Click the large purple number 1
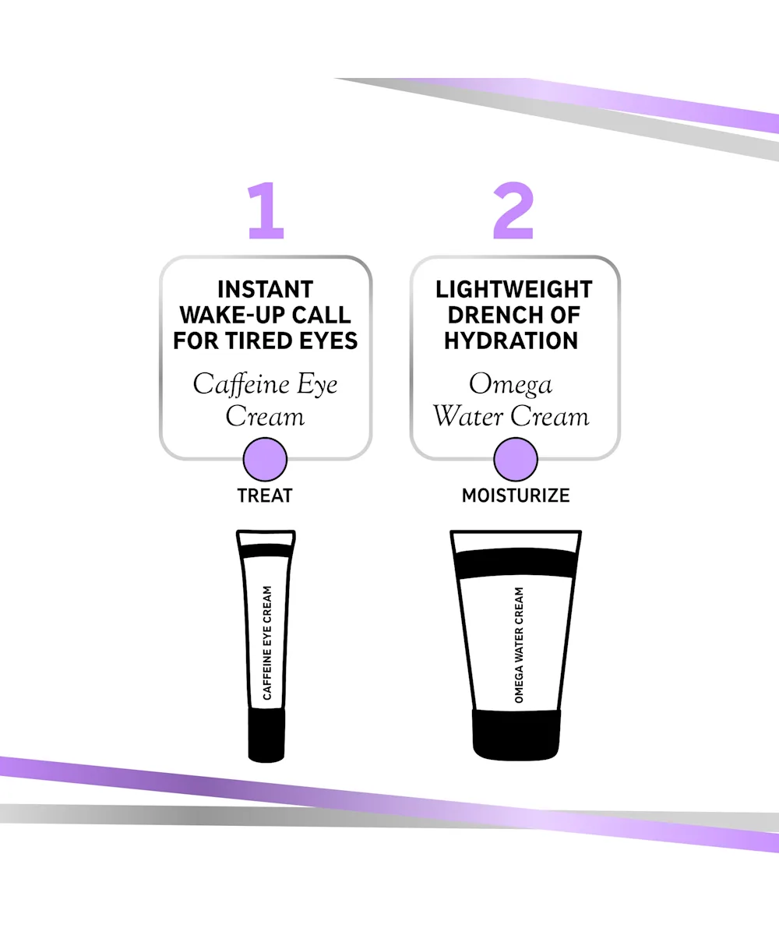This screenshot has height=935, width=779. (x=266, y=210)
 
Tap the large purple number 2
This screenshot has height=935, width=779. (x=513, y=210)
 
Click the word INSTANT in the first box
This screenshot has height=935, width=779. (x=266, y=289)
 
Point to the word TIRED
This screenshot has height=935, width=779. (x=259, y=341)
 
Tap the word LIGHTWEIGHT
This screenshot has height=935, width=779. (x=514, y=289)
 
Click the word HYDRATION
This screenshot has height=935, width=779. (x=511, y=341)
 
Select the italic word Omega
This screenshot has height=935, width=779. (x=511, y=385)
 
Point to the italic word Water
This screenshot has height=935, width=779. (x=468, y=416)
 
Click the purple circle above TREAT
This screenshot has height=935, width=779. (x=265, y=460)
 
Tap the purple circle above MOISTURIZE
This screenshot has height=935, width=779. (x=515, y=460)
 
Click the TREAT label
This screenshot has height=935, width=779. (x=265, y=496)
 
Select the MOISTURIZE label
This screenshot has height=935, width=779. (x=516, y=496)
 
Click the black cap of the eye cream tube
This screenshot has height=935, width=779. (x=266, y=735)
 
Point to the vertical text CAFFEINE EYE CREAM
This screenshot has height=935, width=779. (x=267, y=643)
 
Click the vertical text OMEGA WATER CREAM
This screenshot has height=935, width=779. (x=519, y=645)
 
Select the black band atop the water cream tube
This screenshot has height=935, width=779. (x=515, y=563)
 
